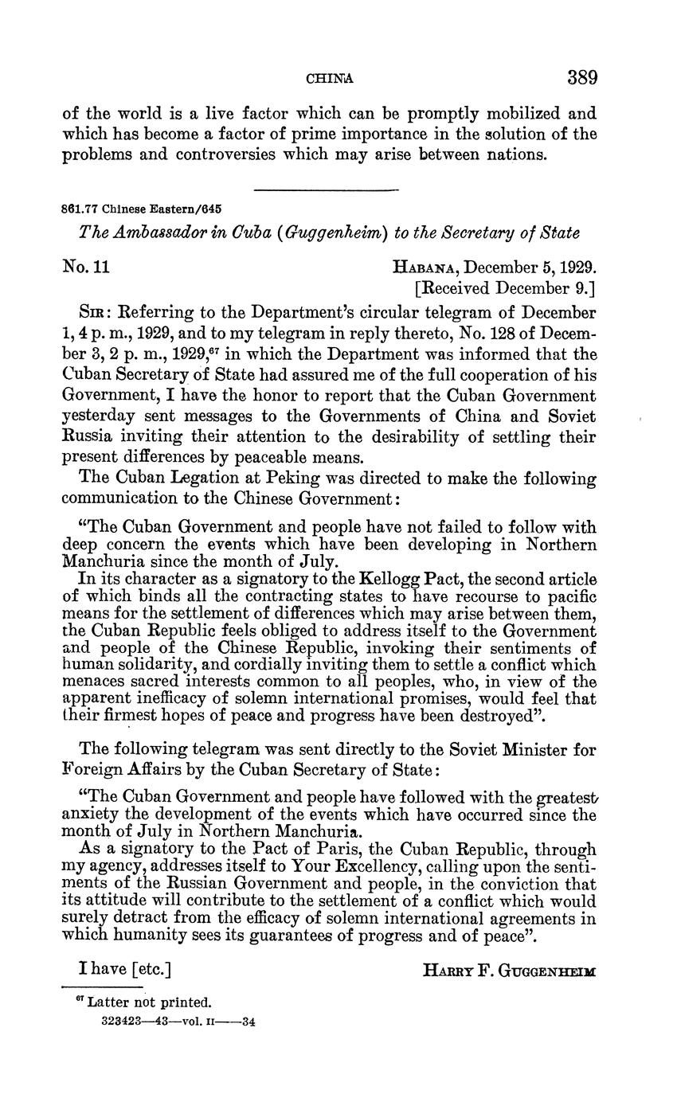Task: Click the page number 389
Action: [x=581, y=78]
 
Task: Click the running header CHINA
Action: [x=329, y=79]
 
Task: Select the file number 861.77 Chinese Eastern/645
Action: [x=142, y=209]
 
